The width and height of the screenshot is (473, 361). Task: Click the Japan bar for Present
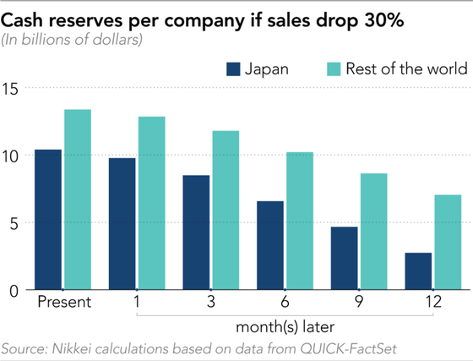[48, 220]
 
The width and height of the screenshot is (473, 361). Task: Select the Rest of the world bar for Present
[78, 200]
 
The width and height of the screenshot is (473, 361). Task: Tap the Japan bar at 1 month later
[122, 224]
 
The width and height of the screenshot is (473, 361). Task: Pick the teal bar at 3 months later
[226, 211]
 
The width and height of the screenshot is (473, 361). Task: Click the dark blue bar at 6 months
[270, 245]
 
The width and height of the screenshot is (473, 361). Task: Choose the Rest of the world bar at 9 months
[374, 232]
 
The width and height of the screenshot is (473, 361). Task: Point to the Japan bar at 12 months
[418, 271]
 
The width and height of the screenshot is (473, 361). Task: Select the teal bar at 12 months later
[448, 243]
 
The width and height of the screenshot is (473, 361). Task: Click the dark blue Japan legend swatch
[233, 69]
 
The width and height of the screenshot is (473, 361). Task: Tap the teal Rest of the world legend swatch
[334, 69]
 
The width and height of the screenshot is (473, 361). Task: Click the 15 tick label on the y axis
[10, 89]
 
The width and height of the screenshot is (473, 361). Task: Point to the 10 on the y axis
[10, 156]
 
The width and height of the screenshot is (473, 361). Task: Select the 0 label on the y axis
[14, 292]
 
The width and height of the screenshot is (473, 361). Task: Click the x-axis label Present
[64, 302]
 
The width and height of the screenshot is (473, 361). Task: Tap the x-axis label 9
[359, 302]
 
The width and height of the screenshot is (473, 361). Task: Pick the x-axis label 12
[433, 302]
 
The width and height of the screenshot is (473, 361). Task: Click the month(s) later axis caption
[285, 327]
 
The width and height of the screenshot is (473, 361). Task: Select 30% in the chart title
[383, 20]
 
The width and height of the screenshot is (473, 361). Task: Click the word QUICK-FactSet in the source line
[348, 349]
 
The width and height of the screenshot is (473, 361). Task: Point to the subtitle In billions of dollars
[72, 40]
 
